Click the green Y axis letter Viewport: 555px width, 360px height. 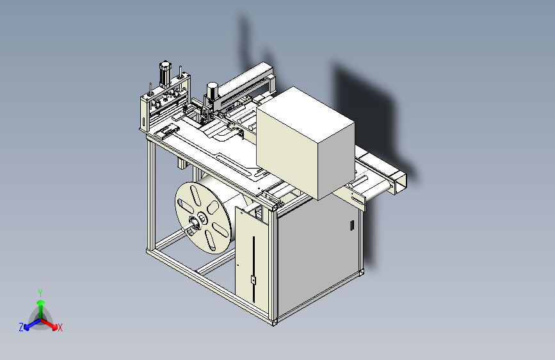click(x=40, y=293)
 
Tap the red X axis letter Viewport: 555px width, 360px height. click(x=60, y=328)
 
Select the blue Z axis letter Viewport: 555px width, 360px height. click(x=21, y=327)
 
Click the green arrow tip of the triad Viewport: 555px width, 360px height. click(x=41, y=302)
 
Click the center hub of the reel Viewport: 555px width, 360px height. click(x=200, y=218)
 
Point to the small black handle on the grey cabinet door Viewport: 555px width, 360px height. click(x=352, y=225)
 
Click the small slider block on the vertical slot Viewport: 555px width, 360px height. click(x=253, y=280)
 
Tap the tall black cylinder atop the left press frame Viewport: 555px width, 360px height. click(x=165, y=75)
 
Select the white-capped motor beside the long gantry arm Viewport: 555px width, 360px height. click(x=212, y=90)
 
